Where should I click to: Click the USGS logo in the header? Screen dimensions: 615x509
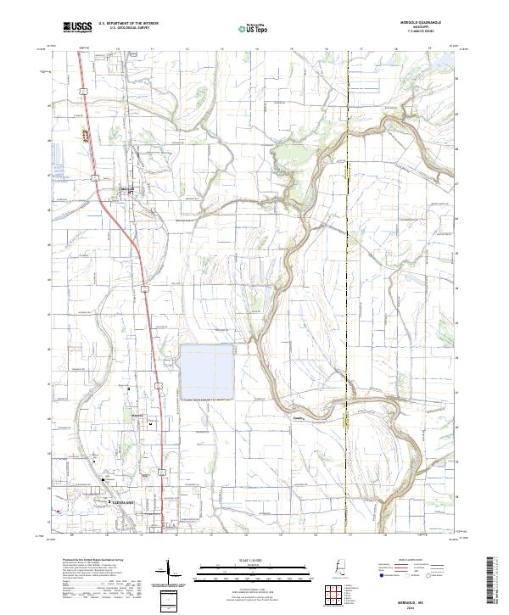pyautogui.click(x=76, y=28)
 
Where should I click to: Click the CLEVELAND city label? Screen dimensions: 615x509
pyautogui.click(x=124, y=502)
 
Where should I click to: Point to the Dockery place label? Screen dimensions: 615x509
pyautogui.click(x=298, y=417)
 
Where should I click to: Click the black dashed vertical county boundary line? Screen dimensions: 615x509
pyautogui.click(x=349, y=254)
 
